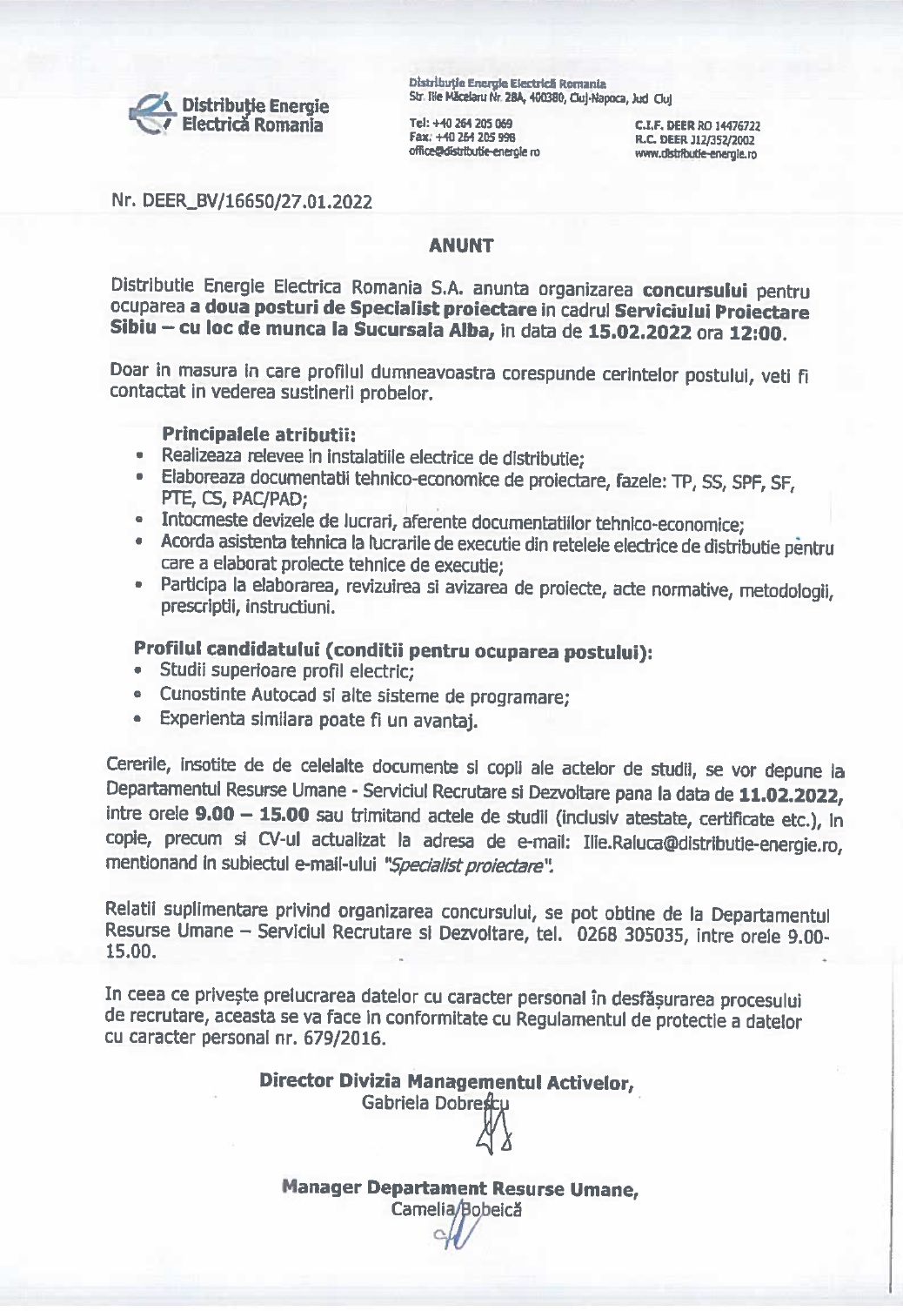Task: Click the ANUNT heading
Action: pyautogui.click(x=461, y=245)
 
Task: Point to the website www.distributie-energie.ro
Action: pyautogui.click(x=695, y=154)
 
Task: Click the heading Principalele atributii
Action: pyautogui.click(x=258, y=434)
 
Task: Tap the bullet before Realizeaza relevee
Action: pyautogui.click(x=139, y=455)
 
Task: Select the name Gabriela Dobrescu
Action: pyautogui.click(x=435, y=1104)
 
